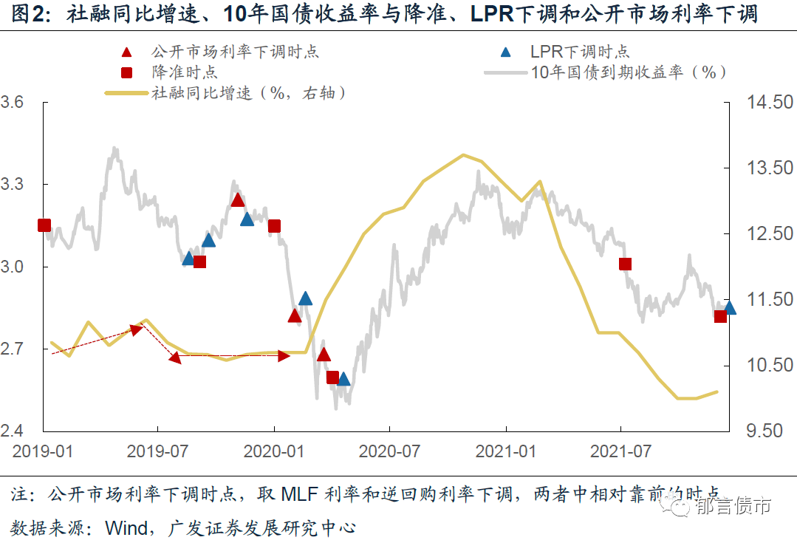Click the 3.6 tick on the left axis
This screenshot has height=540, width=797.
point(16,102)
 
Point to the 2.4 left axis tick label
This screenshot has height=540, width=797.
point(16,431)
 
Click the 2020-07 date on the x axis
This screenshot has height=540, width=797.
point(390,451)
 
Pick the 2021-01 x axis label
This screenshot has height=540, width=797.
point(505,451)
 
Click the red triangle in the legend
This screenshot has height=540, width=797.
point(127,52)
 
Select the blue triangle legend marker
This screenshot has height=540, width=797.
point(506,52)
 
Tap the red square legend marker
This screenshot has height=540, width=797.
point(127,72)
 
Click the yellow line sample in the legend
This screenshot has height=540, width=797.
point(127,94)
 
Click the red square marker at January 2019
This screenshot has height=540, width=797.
point(44,225)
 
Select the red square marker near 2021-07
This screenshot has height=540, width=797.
point(625,264)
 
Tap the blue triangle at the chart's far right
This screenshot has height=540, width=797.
point(730,307)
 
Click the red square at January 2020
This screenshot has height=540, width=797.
point(274,226)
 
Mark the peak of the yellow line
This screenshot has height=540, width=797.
point(463,155)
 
